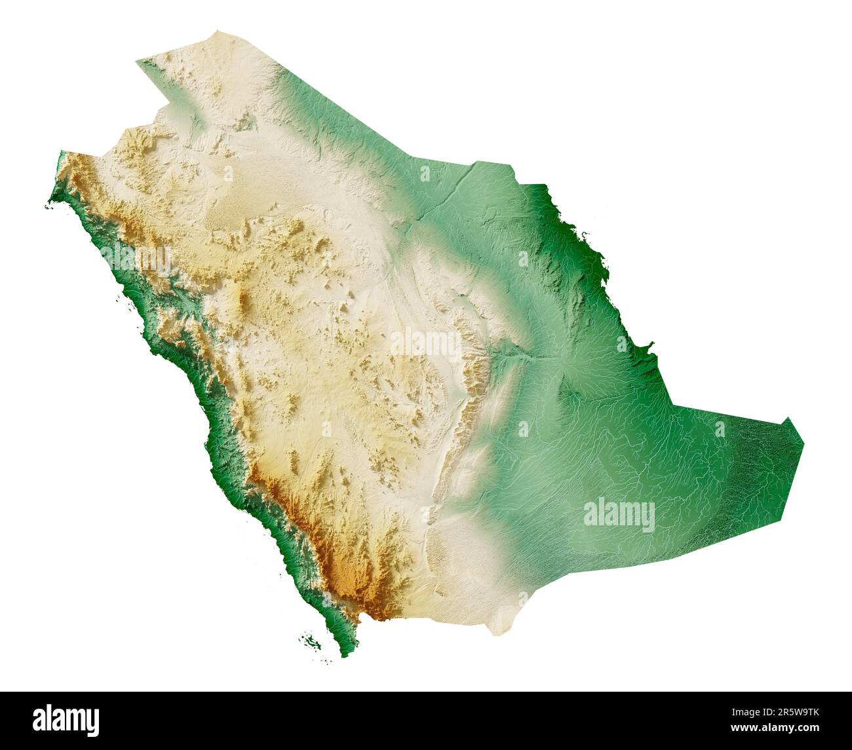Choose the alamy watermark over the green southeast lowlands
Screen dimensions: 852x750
[619, 516]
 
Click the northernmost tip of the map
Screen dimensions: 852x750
[216, 30]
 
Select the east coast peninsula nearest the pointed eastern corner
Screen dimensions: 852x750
[649, 345]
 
